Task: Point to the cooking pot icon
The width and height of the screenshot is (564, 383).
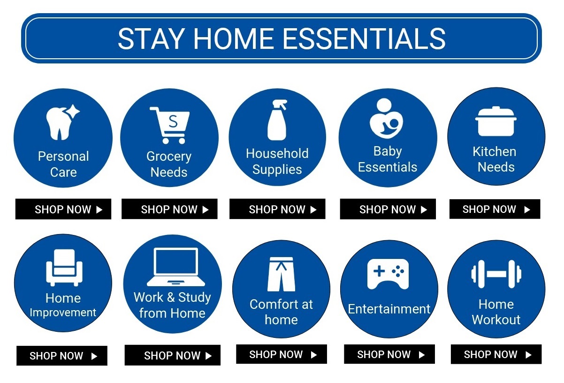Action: (495, 121)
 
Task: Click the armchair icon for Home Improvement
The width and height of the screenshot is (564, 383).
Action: (64, 268)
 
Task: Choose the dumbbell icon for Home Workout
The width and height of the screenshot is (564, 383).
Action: (496, 274)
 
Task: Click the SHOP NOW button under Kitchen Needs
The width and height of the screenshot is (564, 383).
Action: (495, 210)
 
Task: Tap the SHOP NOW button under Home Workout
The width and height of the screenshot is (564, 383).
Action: (496, 354)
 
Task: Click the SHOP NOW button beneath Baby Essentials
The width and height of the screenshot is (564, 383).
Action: (388, 210)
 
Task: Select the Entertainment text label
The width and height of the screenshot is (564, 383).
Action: (389, 309)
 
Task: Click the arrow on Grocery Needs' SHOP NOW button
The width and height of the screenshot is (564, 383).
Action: (206, 210)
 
